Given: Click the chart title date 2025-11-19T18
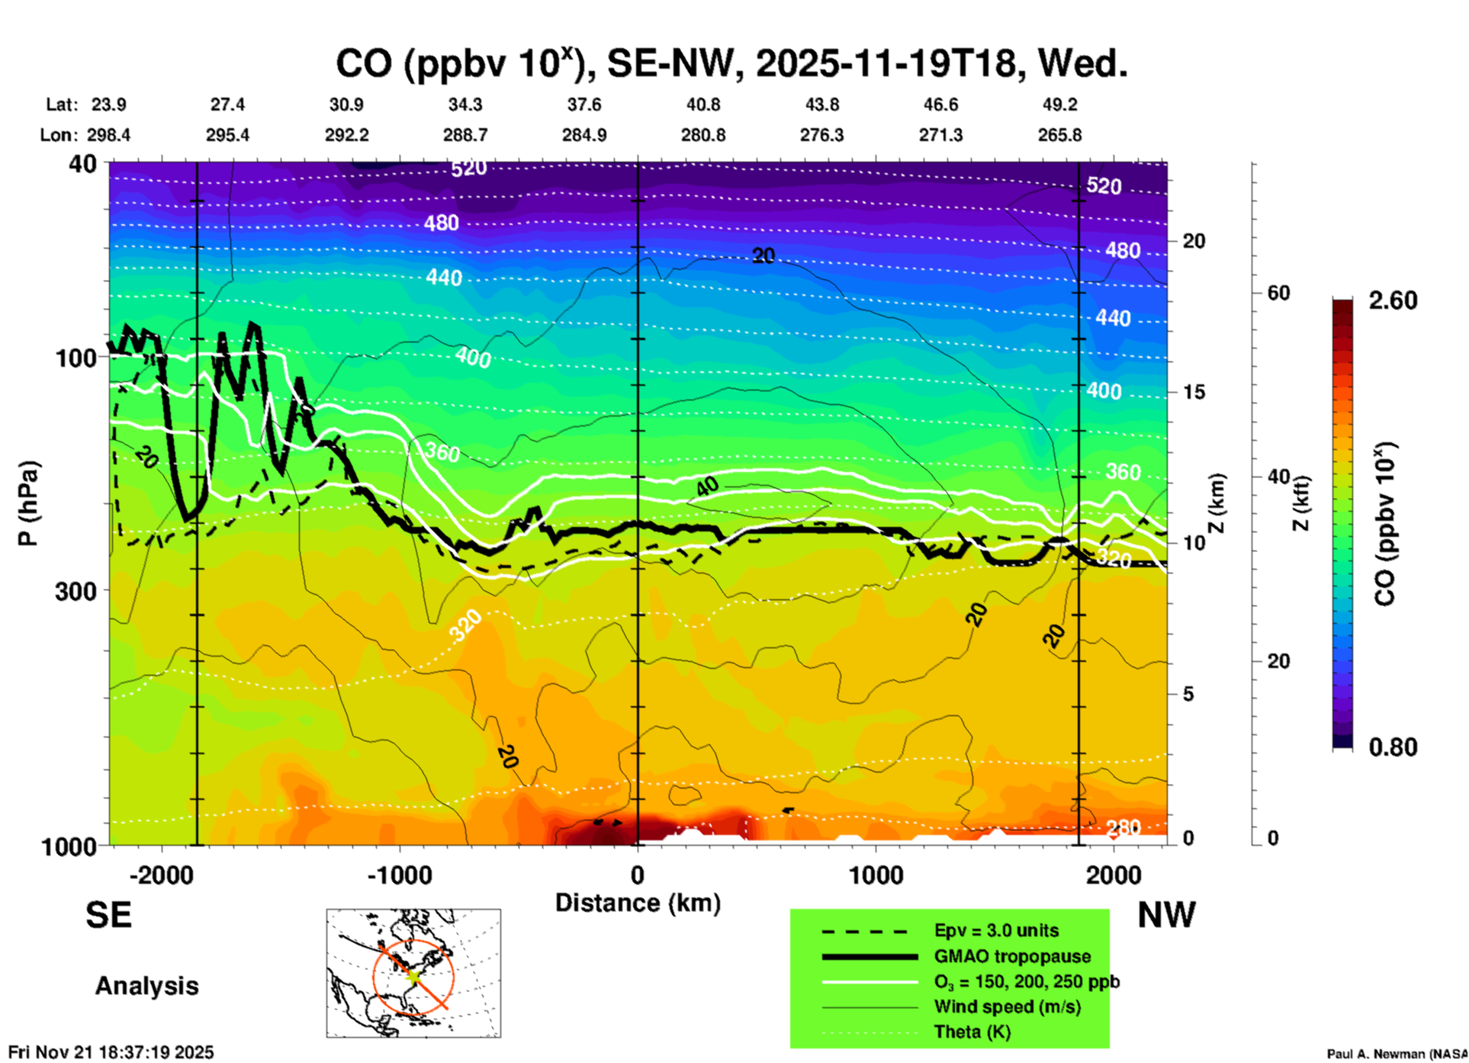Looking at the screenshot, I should point(886,64).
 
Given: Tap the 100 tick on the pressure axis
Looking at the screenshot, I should point(76,357).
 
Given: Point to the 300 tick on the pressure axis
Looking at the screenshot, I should point(76,590).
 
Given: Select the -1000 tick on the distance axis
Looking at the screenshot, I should point(399,875).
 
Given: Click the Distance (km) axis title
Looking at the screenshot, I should point(638,903).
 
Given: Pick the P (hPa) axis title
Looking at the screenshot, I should point(28,503).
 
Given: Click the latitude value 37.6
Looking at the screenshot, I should point(584,104).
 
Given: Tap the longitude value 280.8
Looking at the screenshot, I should point(702,135).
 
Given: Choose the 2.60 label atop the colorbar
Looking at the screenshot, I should point(1393,300).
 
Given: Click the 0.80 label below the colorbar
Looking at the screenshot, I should point(1393,747).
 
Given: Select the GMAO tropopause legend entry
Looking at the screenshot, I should point(1012,956).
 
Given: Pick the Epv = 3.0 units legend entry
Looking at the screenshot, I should point(996,930).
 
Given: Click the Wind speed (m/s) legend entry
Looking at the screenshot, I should point(1007,1007).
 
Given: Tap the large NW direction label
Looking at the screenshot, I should point(1166,915).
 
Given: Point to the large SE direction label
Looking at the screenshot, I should point(108,915).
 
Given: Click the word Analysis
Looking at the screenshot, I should point(146,986).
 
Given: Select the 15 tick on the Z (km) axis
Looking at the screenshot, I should point(1193,392).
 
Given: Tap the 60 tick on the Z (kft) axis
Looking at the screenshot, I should point(1278,293).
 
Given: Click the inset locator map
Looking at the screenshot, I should point(413,972).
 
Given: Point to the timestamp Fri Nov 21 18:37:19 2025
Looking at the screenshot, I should point(111,1052).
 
